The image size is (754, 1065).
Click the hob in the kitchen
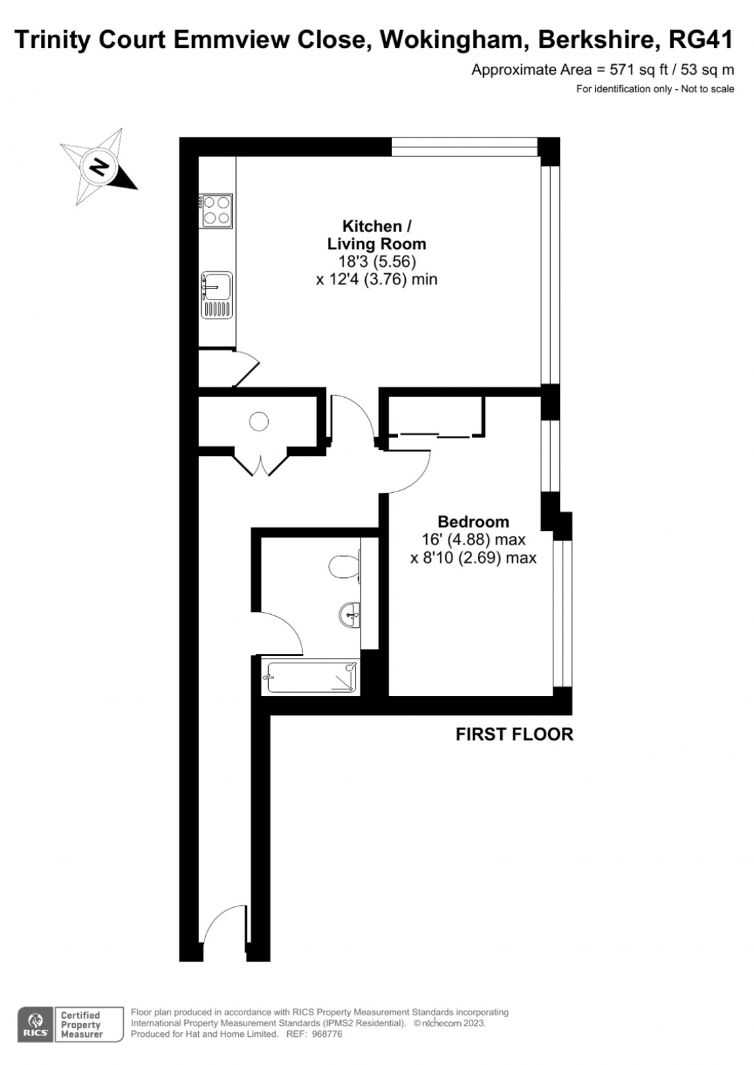coord(216,210)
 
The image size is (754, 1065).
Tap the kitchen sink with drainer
coord(216,295)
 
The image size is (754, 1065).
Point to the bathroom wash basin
coord(351,615)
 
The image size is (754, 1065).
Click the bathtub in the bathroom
coord(311,677)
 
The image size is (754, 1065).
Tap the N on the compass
coord(99,166)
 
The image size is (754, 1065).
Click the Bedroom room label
coord(473,522)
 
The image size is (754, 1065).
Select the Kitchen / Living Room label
coord(376,235)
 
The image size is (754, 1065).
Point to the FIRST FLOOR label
coord(514,734)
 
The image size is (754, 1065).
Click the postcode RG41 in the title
coord(701,40)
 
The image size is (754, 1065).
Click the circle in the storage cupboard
coord(259,421)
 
